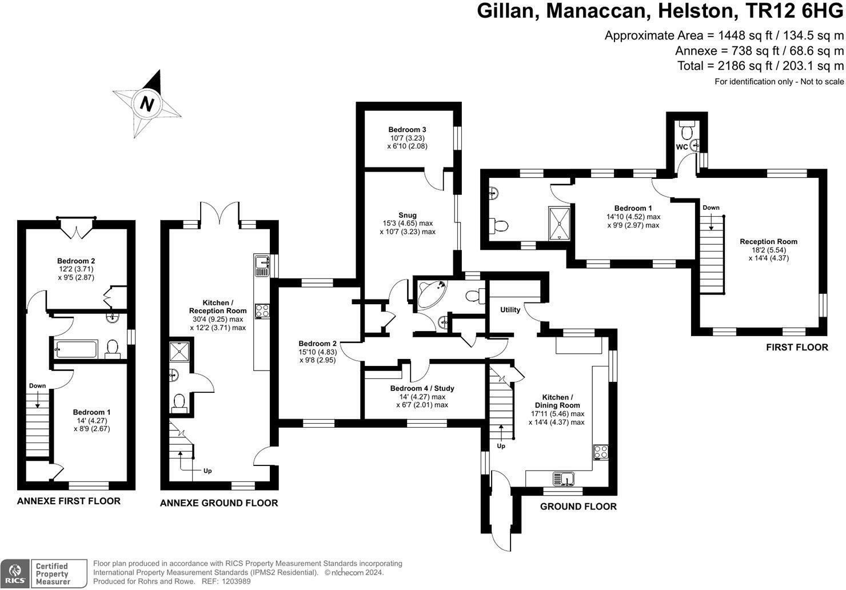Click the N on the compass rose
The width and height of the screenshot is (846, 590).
click(x=147, y=104)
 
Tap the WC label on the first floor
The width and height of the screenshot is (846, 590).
click(x=681, y=147)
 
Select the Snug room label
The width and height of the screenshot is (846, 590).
click(x=408, y=215)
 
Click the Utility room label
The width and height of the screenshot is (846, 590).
click(x=510, y=310)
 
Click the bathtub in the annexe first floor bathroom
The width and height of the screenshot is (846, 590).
click(x=77, y=348)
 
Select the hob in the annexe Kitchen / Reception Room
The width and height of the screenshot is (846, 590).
click(x=262, y=310)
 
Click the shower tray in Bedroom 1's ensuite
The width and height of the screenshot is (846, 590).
click(x=558, y=222)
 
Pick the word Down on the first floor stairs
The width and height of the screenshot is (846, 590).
click(x=711, y=208)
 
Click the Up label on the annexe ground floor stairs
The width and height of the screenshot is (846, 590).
click(x=207, y=471)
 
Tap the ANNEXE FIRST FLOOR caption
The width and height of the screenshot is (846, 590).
click(x=69, y=501)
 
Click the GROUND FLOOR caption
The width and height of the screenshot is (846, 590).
click(x=578, y=507)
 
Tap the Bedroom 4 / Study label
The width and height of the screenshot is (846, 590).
click(x=422, y=388)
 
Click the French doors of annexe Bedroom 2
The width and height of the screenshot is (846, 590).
click(x=76, y=228)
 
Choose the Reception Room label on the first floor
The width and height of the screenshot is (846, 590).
click(x=768, y=241)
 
